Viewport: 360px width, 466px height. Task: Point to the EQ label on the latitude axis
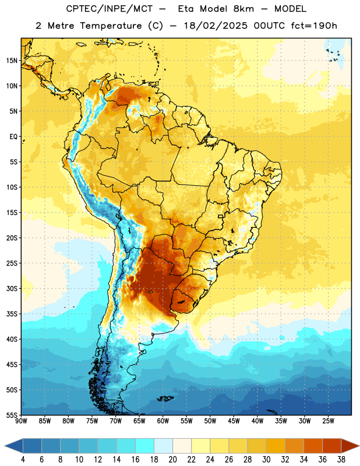click(13, 137)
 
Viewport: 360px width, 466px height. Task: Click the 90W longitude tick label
click(22, 421)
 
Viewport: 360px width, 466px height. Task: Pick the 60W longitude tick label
click(163, 421)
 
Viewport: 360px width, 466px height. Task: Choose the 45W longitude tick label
click(234, 421)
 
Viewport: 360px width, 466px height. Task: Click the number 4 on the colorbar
click(23, 460)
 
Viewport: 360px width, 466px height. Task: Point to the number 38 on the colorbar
click(341, 460)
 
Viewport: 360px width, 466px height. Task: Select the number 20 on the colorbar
click(172, 460)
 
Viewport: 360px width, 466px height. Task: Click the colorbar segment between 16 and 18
click(145, 446)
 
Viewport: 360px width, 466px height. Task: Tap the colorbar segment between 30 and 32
click(276, 446)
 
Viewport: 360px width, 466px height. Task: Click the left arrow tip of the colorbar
click(5, 446)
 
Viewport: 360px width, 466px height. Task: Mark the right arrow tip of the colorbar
click(359, 446)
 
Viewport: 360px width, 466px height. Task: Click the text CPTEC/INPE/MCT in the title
click(110, 9)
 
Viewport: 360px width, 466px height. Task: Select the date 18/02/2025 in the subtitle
click(216, 26)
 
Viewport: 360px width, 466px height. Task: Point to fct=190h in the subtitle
click(314, 26)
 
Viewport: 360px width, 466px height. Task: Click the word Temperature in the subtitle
click(111, 26)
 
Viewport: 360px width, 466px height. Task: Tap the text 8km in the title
click(243, 9)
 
